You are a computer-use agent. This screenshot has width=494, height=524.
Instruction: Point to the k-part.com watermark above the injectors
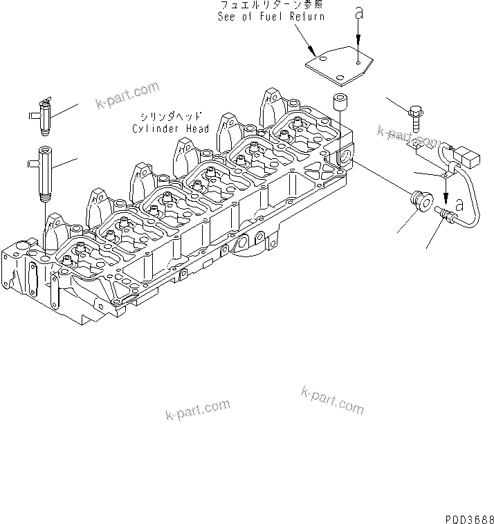(128, 95)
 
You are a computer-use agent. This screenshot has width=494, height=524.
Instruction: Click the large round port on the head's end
(345, 162)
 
